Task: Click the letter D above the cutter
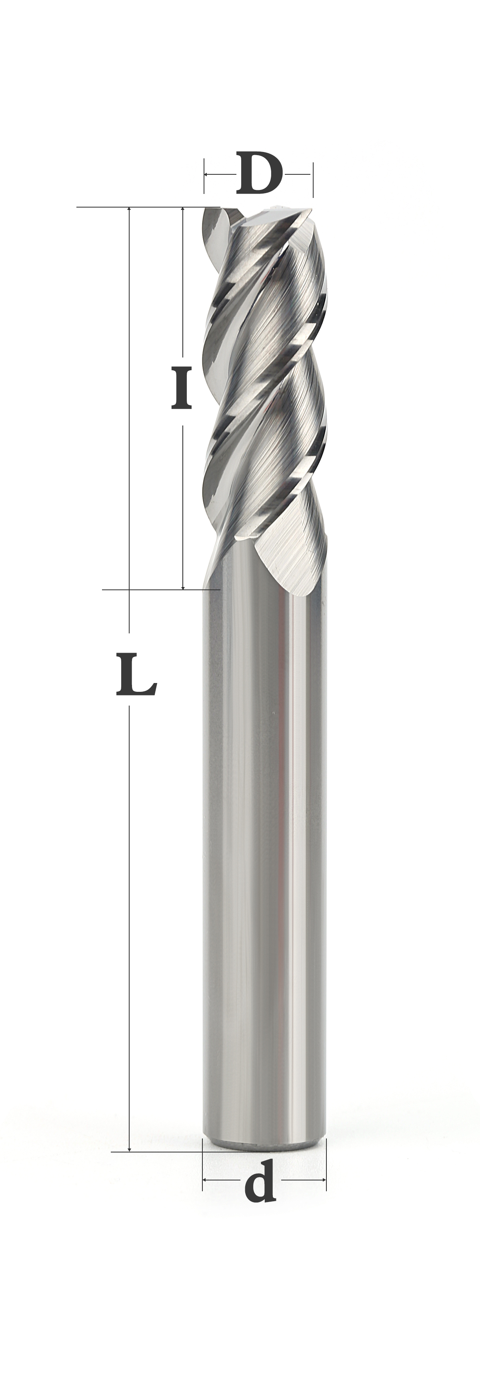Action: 259,174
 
